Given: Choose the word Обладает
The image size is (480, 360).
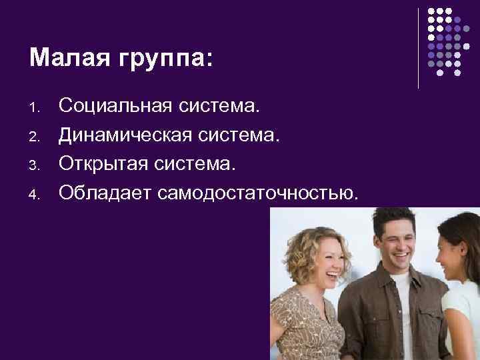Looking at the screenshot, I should tap(104, 193).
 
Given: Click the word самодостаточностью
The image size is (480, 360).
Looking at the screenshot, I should tap(259, 193).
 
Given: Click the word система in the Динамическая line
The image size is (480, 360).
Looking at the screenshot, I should tap(233, 135).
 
